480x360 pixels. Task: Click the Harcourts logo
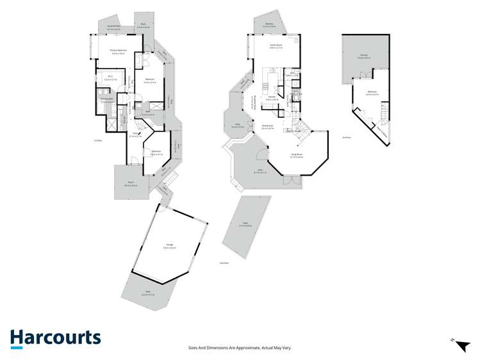click(x=55, y=338)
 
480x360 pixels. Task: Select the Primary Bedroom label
click(x=117, y=51)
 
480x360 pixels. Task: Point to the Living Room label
click(x=296, y=155)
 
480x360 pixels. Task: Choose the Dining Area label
click(x=267, y=126)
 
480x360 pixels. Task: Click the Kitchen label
click(x=272, y=97)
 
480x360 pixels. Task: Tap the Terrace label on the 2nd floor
click(x=363, y=57)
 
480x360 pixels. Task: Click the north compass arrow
click(x=461, y=346)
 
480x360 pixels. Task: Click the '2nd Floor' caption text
click(x=345, y=137)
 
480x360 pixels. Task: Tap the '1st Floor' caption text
click(x=98, y=140)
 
